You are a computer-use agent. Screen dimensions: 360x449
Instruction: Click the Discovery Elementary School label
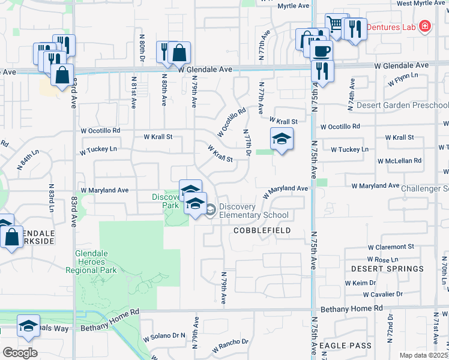tap(253, 211)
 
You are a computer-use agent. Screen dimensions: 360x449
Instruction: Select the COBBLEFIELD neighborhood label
tap(262, 230)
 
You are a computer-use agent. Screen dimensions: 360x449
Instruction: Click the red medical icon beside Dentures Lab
tap(425, 26)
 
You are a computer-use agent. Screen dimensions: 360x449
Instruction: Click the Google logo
tap(20, 352)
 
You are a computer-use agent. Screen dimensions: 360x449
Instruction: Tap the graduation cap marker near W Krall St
tap(282, 140)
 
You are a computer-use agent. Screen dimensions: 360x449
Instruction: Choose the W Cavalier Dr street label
tap(383, 294)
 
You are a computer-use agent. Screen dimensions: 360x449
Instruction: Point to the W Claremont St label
tap(391, 247)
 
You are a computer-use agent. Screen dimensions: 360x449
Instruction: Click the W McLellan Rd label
tap(399, 161)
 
